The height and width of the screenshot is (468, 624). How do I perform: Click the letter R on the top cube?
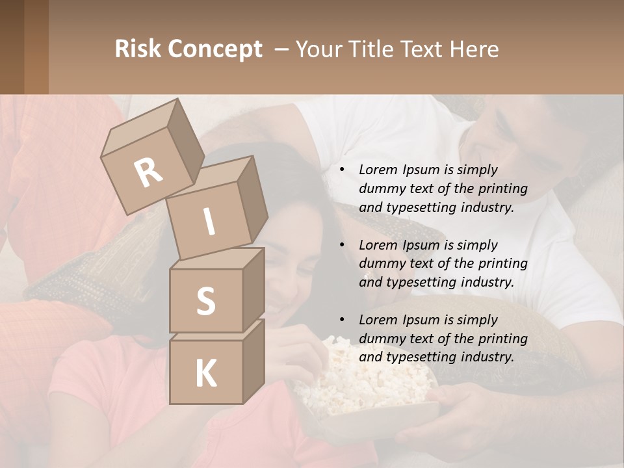pos(149,172)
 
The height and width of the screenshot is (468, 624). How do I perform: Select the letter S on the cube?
pos(205,301)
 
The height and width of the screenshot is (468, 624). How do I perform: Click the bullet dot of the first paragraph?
pos(343,170)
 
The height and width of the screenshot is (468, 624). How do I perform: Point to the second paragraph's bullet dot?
pos(343,245)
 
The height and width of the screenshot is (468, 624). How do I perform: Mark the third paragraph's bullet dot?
pos(343,320)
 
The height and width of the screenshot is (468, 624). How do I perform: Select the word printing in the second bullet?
pos(504,263)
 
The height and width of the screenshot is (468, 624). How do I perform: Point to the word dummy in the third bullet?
pos(380,338)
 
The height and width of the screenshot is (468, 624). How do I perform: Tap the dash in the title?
pos(282,49)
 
